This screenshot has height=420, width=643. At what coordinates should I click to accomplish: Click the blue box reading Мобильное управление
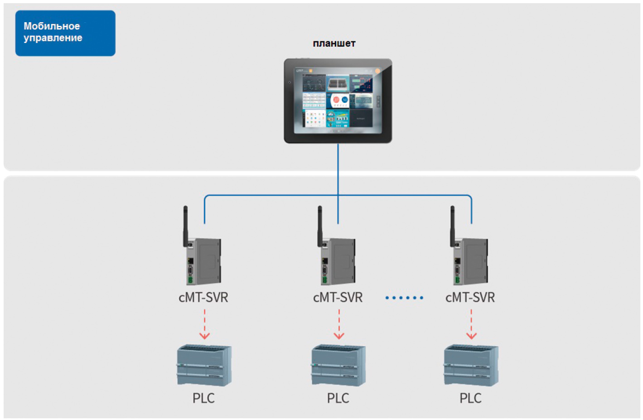point(65,33)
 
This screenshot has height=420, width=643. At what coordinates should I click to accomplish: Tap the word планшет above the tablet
point(334,43)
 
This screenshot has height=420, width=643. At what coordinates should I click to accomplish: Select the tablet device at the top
point(338,101)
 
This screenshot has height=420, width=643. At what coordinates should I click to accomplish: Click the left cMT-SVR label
point(203,298)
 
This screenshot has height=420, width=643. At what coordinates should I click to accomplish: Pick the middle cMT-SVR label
point(338,298)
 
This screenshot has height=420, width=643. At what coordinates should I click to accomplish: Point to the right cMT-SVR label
point(470,298)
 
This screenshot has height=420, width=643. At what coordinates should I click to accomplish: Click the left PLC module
point(204,365)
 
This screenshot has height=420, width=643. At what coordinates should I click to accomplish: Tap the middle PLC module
point(338,365)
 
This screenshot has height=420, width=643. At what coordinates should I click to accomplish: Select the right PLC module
point(471,365)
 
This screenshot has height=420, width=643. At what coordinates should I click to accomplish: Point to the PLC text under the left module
point(203,398)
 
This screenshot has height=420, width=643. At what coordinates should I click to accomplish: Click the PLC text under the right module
point(470,398)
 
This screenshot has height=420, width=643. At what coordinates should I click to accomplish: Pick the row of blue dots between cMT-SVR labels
point(404,298)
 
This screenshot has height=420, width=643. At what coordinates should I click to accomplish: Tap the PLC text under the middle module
point(338,398)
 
